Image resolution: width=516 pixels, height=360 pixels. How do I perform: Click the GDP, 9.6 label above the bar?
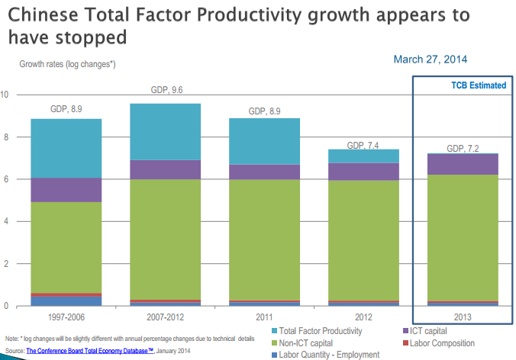click(166, 90)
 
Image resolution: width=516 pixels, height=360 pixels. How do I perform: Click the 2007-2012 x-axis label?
click(166, 317)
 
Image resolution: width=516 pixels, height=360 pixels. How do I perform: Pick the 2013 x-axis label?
click(462, 317)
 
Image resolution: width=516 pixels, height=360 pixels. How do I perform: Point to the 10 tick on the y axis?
click(5, 95)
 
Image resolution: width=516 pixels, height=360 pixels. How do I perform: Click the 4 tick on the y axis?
click(5, 221)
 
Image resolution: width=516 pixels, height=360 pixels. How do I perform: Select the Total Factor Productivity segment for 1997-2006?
click(67, 148)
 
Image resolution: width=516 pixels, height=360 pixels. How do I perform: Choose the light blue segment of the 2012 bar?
click(363, 156)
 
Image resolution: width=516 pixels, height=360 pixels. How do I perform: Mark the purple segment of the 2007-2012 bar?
click(166, 169)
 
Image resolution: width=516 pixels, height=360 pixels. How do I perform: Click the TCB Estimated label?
click(478, 85)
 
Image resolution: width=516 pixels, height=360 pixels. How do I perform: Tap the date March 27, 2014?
click(431, 59)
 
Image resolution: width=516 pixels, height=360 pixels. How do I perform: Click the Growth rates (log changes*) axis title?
click(67, 64)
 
